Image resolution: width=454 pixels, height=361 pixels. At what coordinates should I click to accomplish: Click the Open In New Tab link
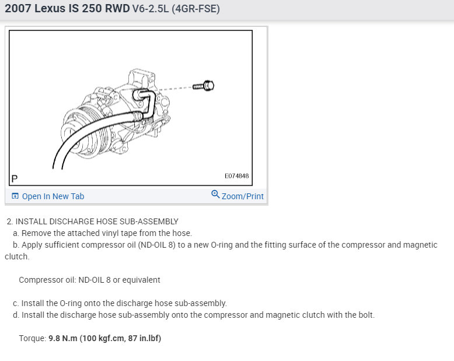[x=53, y=196]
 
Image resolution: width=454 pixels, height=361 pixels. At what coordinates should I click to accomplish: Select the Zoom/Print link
[x=243, y=196]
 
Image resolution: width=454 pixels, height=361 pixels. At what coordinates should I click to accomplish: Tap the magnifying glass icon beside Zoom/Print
[x=215, y=194]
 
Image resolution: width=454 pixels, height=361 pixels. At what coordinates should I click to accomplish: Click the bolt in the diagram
[x=204, y=86]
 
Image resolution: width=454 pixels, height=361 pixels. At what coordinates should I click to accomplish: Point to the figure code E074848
[x=236, y=176]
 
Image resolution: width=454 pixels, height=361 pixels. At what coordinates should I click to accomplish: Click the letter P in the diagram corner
[x=14, y=179]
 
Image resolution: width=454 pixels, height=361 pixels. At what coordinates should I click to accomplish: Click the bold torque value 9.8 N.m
[x=63, y=338]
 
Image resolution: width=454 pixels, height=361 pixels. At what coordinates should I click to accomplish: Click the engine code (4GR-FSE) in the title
[x=195, y=9]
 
